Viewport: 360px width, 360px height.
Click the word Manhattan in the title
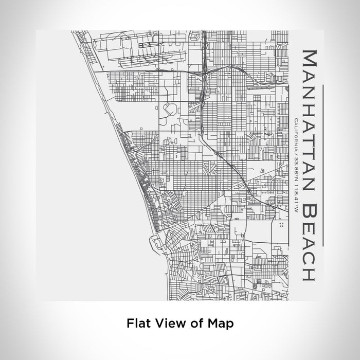(x=311, y=121)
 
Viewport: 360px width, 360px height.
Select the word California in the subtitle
(x=296, y=135)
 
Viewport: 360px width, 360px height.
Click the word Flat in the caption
(x=136, y=324)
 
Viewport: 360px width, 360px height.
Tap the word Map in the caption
(x=221, y=324)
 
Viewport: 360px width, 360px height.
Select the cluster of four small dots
(x=281, y=225)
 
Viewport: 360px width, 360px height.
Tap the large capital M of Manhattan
(x=311, y=60)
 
